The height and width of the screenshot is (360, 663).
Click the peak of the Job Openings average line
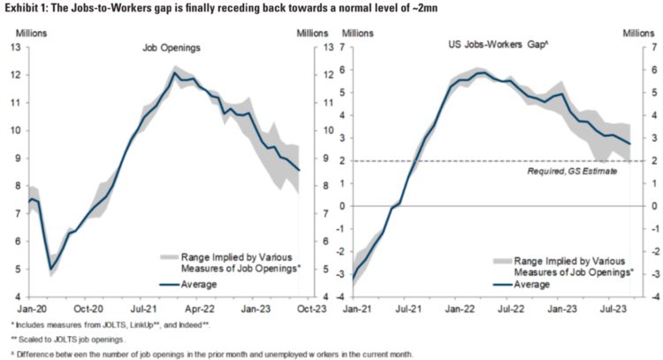point(176,73)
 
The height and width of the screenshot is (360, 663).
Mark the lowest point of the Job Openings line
point(51,269)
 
